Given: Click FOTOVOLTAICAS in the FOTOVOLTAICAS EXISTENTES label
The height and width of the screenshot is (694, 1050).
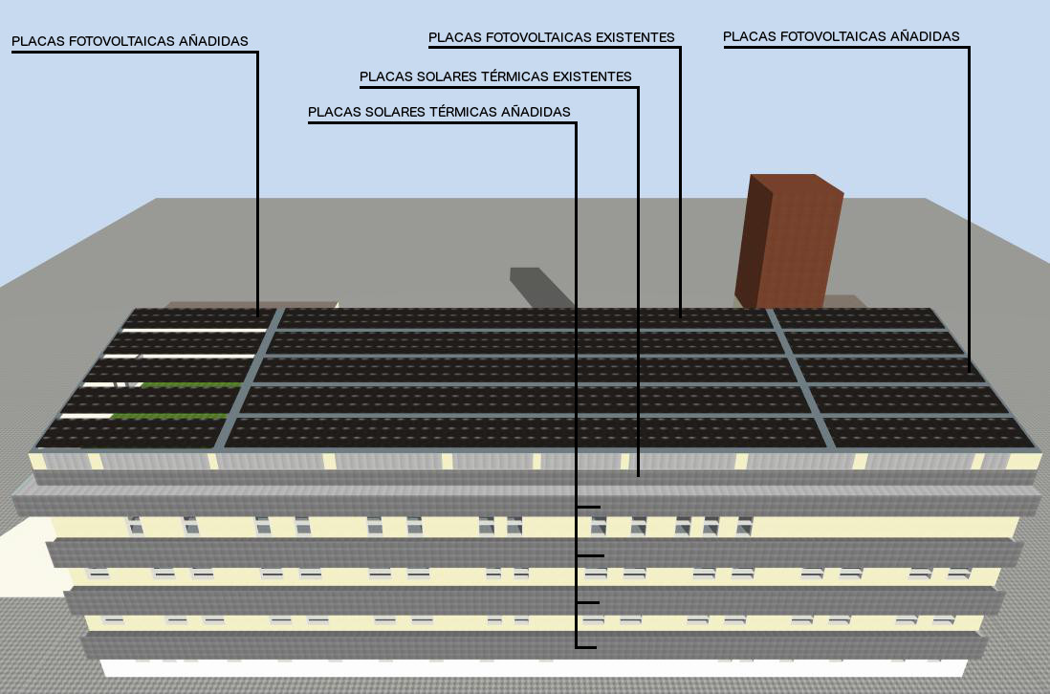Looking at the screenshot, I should coord(539,37).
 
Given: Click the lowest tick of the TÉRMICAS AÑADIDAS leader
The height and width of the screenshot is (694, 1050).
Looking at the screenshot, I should coord(586,647).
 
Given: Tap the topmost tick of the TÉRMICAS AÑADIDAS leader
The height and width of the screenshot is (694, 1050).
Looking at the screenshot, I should coord(588,507).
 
